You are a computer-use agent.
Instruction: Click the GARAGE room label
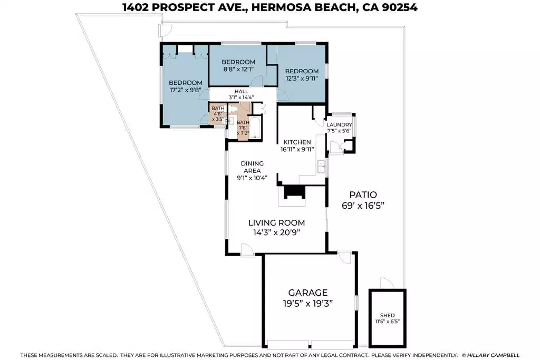(307, 293)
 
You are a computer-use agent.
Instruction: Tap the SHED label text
(388, 315)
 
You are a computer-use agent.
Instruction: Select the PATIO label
(363, 195)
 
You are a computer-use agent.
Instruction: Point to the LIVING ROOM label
(276, 223)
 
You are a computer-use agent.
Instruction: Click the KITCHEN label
(297, 142)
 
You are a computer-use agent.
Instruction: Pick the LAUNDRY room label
(339, 124)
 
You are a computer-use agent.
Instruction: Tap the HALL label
(241, 92)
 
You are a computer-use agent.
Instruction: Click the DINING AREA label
(252, 167)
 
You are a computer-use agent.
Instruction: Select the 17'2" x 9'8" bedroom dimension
(185, 90)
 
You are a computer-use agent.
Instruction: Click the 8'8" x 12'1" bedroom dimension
(238, 69)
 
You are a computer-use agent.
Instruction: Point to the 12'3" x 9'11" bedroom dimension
(302, 79)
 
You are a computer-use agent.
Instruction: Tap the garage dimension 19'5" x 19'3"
(307, 304)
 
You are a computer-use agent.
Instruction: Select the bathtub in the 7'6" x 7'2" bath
(255, 128)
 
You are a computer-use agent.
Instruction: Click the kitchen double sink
(321, 166)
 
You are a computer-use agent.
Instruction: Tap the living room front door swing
(247, 249)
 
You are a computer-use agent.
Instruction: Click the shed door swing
(387, 283)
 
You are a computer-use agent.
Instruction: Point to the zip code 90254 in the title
(400, 7)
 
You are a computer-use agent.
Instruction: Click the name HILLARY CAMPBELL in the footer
(493, 355)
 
